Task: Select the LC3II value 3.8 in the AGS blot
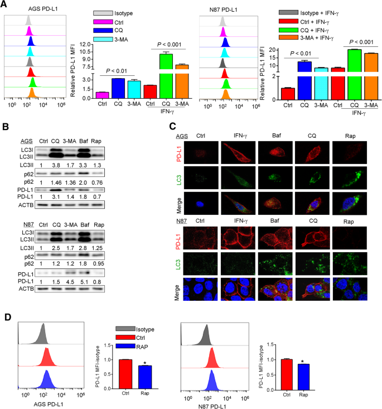(55, 165)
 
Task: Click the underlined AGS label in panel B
(24, 141)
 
